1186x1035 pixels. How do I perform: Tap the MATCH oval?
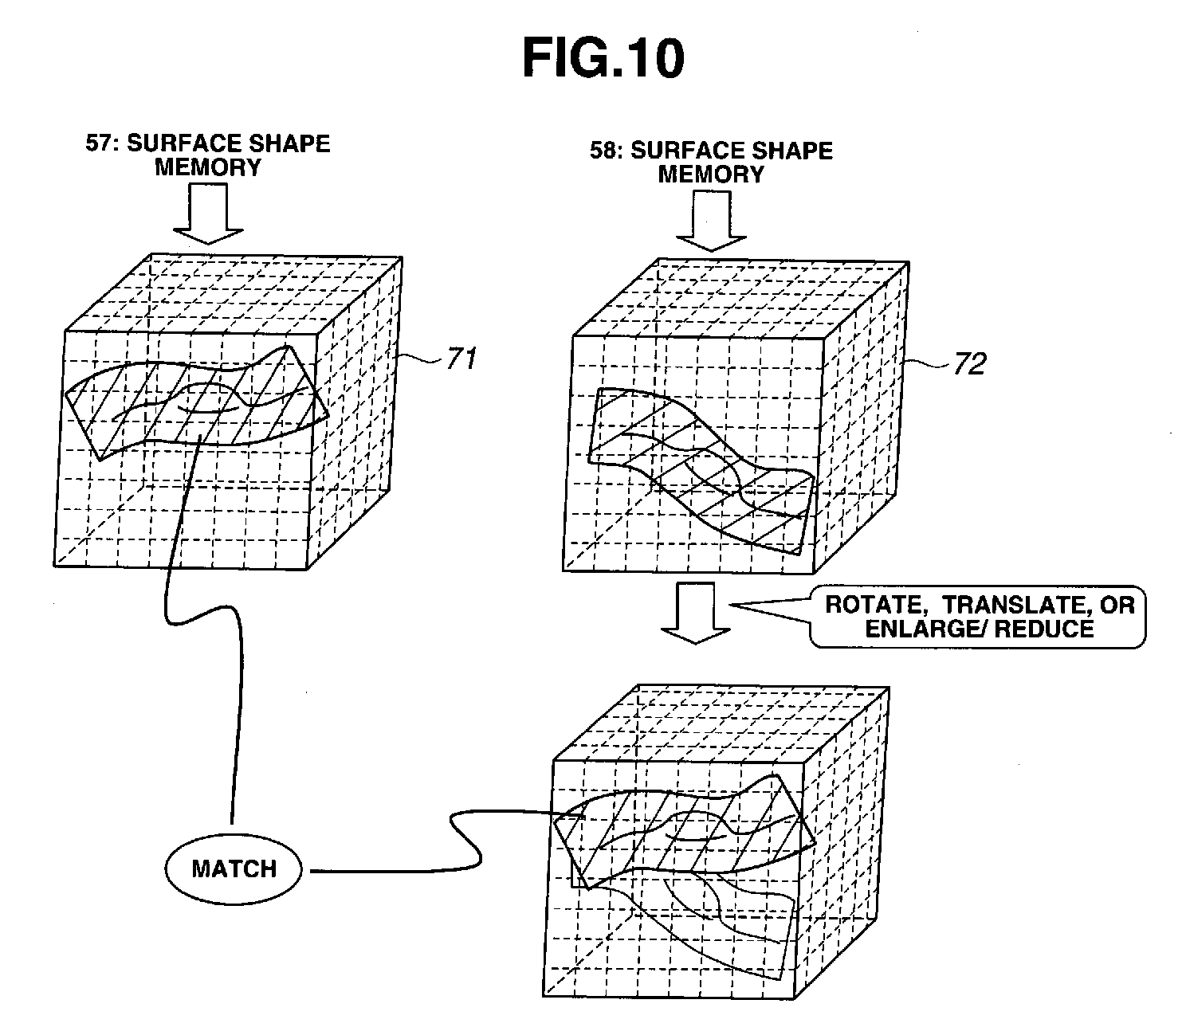234,868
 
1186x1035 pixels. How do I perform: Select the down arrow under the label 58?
710,222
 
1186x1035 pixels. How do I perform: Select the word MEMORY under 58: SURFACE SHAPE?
711,174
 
